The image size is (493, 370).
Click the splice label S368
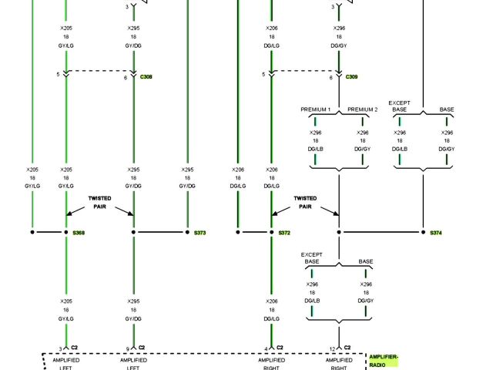pyautogui.click(x=79, y=232)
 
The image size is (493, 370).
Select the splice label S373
pyautogui.click(x=200, y=232)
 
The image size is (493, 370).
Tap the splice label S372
pyautogui.click(x=284, y=232)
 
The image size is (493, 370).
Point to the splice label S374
pyautogui.click(x=436, y=232)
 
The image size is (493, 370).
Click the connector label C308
pyautogui.click(x=146, y=77)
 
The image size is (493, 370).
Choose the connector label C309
pyautogui.click(x=351, y=77)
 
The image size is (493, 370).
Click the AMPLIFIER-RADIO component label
pyautogui.click(x=383, y=360)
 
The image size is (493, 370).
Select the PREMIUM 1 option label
pyautogui.click(x=315, y=109)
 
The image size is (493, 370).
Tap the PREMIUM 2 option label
pyautogui.click(x=362, y=109)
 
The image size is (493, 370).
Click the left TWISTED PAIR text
pyautogui.click(x=99, y=202)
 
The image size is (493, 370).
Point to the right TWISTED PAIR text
pyautogui.click(x=305, y=202)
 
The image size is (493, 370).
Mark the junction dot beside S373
pyautogui.click(x=187, y=232)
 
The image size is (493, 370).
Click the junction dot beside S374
pyautogui.click(x=423, y=232)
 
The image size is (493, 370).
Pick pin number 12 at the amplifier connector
pyautogui.click(x=332, y=348)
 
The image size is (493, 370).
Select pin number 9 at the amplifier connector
pyautogui.click(x=127, y=348)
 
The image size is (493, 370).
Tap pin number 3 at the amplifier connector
pyautogui.click(x=60, y=348)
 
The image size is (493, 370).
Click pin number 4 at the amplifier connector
pyautogui.click(x=266, y=348)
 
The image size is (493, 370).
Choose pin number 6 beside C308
pyautogui.click(x=126, y=78)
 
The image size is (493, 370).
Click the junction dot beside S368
pyautogui.click(x=66, y=232)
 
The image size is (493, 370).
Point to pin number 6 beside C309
pyautogui.click(x=331, y=78)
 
